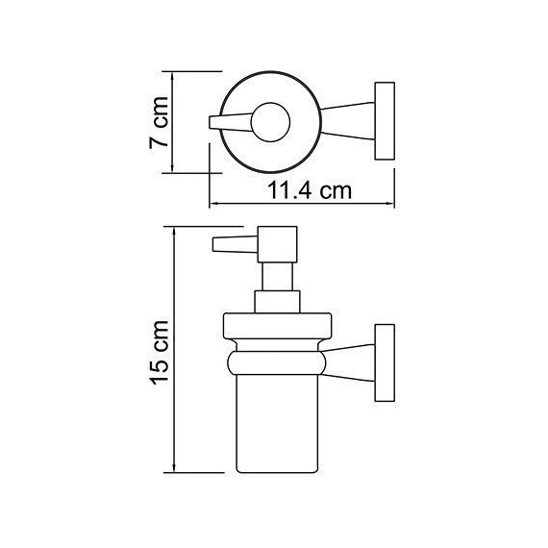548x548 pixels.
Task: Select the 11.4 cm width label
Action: coord(310,190)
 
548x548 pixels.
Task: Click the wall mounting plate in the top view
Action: coord(386,120)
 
